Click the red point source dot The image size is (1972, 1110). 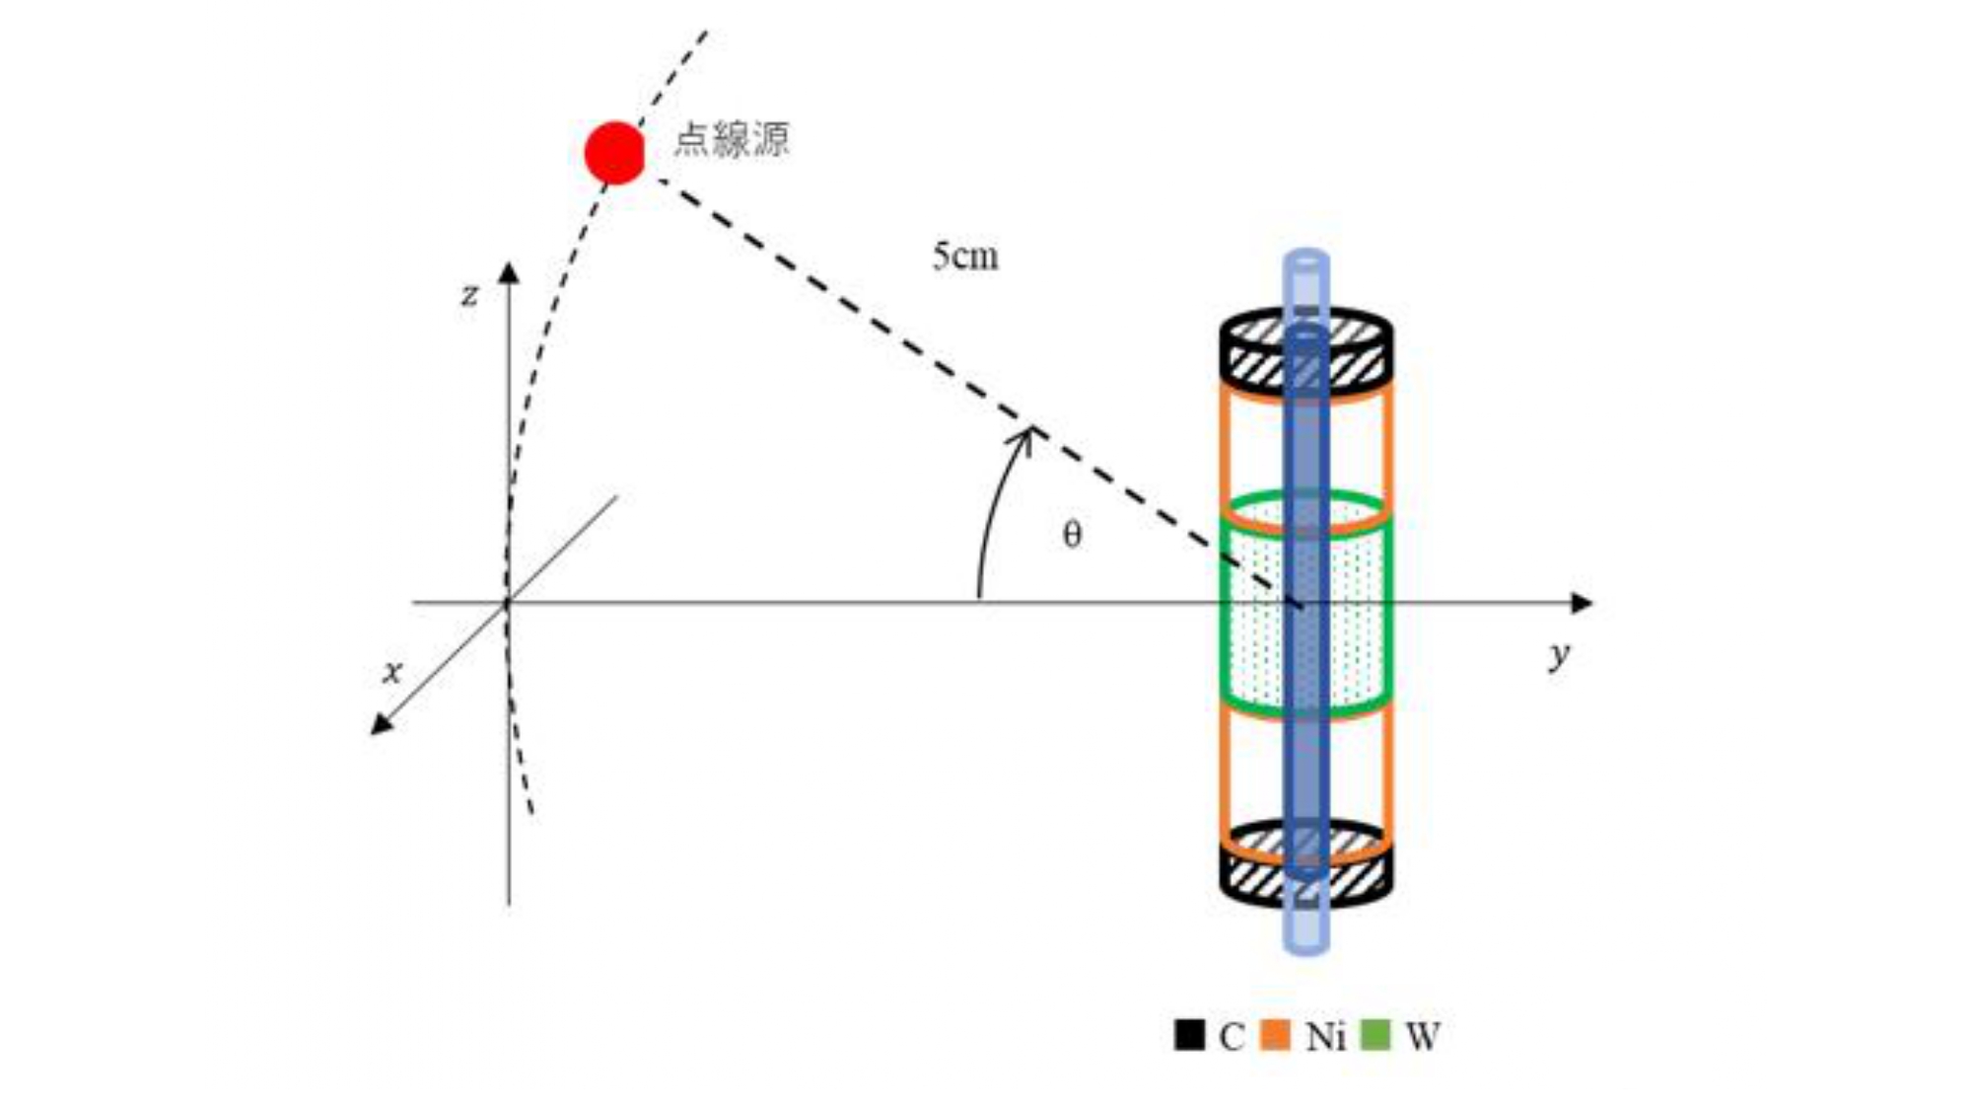(x=615, y=153)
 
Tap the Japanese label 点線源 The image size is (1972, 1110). (x=732, y=139)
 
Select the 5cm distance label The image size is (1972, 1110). (x=965, y=257)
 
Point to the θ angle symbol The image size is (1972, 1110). (x=1072, y=535)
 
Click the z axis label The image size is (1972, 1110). (x=470, y=294)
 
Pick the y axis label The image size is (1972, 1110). (x=1559, y=655)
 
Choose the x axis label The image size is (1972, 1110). (x=392, y=672)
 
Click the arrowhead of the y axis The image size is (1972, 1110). (x=1581, y=603)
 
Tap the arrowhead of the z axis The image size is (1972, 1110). (x=508, y=272)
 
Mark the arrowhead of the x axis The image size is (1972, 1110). (x=381, y=725)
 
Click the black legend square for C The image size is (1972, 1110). (x=1189, y=1035)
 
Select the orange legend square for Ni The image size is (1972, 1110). (x=1275, y=1035)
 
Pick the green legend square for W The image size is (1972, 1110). (x=1374, y=1035)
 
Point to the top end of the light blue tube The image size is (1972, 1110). (x=1305, y=259)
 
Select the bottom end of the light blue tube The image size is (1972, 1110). (x=1305, y=945)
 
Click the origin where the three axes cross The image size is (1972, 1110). (x=508, y=603)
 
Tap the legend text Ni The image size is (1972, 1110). (x=1325, y=1036)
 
